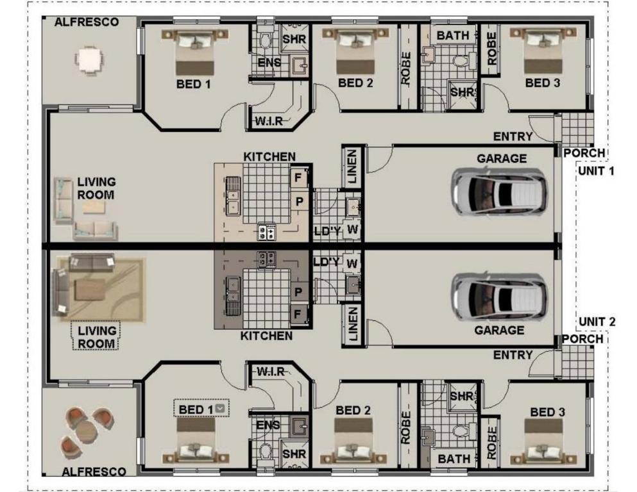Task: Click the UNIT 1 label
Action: (x=596, y=171)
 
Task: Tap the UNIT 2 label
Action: (x=597, y=322)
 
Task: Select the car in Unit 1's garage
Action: (x=499, y=192)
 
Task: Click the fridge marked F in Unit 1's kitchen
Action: (x=298, y=177)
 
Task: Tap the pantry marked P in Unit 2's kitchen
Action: (x=298, y=291)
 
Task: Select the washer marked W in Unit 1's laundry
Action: (x=352, y=229)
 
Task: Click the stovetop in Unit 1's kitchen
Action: (x=267, y=233)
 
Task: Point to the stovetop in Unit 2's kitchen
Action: (x=267, y=259)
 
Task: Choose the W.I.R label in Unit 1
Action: (x=269, y=121)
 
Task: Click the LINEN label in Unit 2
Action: (x=353, y=324)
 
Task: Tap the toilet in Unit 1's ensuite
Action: (x=266, y=39)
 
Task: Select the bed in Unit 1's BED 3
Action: (x=543, y=51)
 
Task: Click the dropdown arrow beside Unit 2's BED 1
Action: (x=220, y=408)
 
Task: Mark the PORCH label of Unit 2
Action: (x=582, y=339)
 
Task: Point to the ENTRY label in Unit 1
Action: (x=513, y=136)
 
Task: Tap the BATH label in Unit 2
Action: (x=454, y=459)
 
